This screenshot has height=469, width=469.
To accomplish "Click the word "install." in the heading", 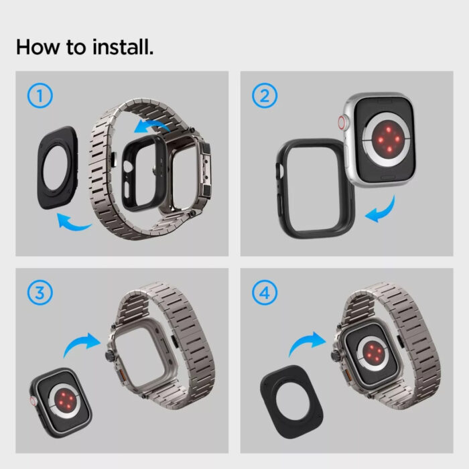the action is click(x=123, y=48).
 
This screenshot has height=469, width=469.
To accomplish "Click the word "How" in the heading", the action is click(x=38, y=48).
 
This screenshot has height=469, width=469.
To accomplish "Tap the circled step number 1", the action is click(x=40, y=95).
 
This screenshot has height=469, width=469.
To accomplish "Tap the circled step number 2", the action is click(x=265, y=95).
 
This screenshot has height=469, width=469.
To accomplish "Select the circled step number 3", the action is click(x=40, y=293).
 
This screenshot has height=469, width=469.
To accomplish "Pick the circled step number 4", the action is click(x=265, y=293).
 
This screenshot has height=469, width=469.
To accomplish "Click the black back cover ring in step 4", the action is click(x=269, y=401).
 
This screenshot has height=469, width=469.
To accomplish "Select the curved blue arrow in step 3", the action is click(x=78, y=342).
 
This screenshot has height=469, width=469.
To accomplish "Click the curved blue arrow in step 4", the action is click(x=304, y=341).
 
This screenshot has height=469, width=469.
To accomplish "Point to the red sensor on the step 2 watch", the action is click(x=388, y=139).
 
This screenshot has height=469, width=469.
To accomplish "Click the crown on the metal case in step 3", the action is click(x=109, y=356).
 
